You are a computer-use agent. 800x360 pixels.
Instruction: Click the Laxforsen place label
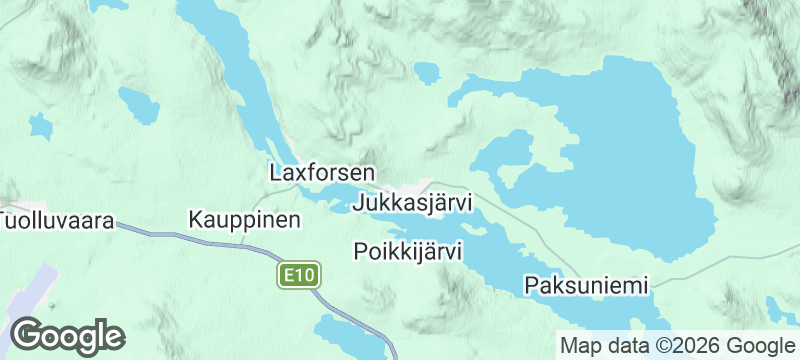[x=322, y=172]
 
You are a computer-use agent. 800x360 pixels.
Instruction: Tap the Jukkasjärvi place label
[x=412, y=203]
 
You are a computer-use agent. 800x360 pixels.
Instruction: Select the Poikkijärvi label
[x=407, y=251]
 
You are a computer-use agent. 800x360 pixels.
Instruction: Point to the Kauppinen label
[x=244, y=219]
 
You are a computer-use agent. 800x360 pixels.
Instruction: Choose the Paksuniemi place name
[x=586, y=285]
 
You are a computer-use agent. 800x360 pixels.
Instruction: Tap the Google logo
[x=67, y=335]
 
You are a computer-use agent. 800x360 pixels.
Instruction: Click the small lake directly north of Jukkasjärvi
[x=427, y=72]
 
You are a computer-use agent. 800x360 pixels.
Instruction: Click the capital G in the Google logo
[x=28, y=335]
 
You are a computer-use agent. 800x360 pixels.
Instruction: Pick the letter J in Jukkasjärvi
[x=359, y=203]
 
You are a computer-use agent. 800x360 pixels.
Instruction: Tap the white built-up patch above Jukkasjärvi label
[x=425, y=186]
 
